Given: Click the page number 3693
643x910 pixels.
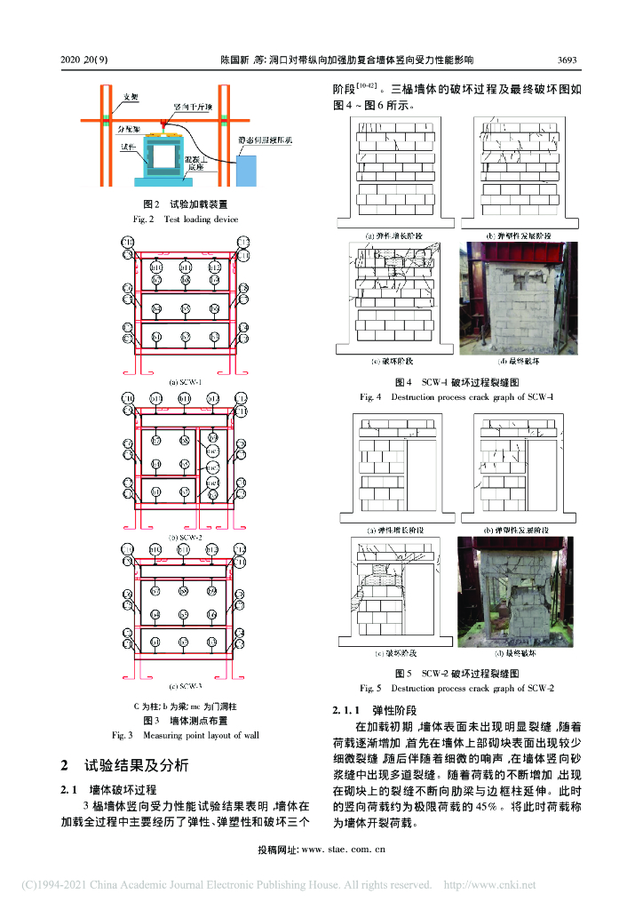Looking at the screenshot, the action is click(567, 60).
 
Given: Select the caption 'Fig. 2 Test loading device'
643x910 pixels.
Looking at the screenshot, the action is click(186, 219).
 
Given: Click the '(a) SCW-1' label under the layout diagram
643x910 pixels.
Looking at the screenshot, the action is click(186, 382).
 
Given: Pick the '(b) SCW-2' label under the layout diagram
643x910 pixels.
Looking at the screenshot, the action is click(186, 537).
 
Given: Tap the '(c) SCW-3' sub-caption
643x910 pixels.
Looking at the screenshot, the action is click(186, 686).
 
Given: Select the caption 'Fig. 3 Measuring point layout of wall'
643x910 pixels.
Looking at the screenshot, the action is click(186, 735).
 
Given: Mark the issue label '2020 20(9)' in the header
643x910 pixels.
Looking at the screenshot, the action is click(84, 60).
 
